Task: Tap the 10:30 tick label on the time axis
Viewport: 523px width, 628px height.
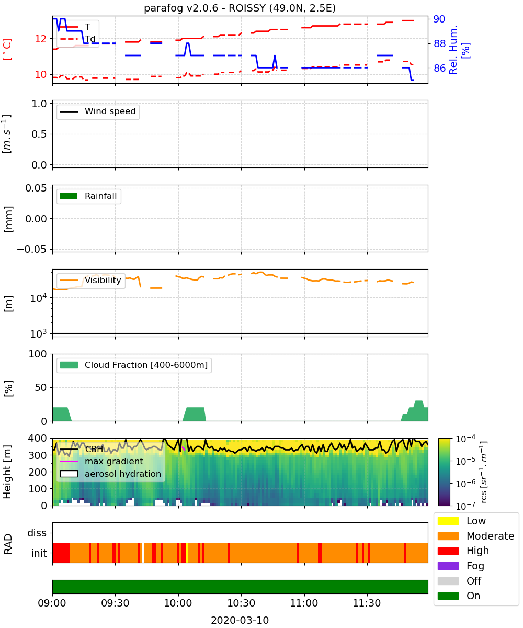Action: coord(241,603)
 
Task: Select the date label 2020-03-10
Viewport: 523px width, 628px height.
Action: coord(240,620)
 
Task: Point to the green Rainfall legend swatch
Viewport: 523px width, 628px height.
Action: coord(69,196)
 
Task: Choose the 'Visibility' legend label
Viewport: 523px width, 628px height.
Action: coord(103,281)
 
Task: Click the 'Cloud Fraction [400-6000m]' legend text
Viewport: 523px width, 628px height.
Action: coord(146,365)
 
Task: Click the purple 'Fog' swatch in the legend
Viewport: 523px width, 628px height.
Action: coord(448,566)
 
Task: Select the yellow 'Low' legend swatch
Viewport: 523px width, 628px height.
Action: coord(448,521)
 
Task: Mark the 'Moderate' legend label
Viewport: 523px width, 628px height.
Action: coord(490,536)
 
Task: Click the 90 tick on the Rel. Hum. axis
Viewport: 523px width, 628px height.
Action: coord(439,19)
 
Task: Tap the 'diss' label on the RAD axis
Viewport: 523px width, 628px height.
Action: coord(37,533)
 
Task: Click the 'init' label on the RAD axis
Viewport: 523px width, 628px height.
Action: coord(39,553)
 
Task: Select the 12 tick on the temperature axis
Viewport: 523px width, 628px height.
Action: coord(41,39)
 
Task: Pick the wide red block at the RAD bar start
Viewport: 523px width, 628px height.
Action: coord(61,553)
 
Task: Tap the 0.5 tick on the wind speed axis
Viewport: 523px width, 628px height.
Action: coord(39,134)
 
